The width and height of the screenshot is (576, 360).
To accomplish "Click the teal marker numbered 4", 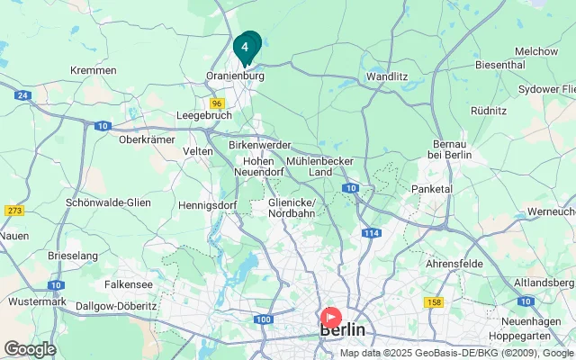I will tap(245, 47).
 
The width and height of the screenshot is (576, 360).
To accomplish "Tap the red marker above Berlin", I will tap(330, 318).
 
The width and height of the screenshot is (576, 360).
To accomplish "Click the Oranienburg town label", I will tap(235, 77).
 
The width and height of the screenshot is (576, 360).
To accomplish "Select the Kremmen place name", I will tap(93, 70).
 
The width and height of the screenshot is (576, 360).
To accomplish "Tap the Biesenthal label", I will tap(499, 65).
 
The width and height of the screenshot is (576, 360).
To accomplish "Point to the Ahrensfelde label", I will tap(454, 264).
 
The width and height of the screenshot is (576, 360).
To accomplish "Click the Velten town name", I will tap(198, 151).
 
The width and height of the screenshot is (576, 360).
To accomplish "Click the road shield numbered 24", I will tap(23, 94).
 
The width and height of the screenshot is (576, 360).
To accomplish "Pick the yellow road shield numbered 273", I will tap(14, 211).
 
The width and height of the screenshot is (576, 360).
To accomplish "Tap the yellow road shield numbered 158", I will tap(436, 303).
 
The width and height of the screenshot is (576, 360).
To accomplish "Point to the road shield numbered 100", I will tap(263, 319).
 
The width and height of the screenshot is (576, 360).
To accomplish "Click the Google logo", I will tap(30, 349).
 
